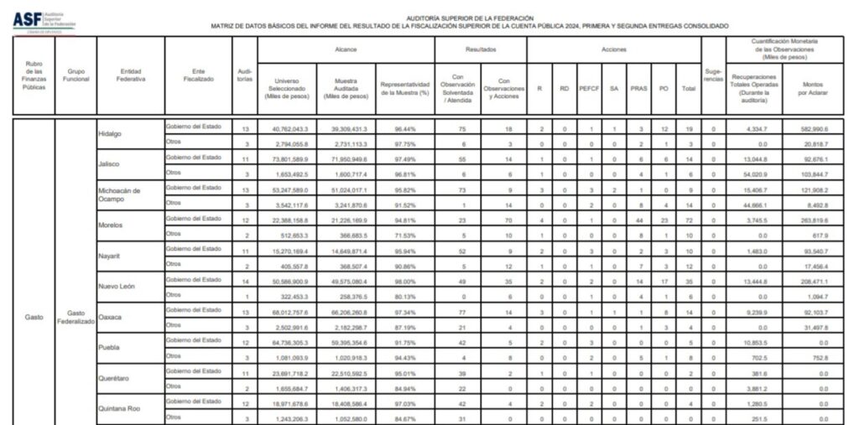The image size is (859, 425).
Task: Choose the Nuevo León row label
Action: [x=117, y=287]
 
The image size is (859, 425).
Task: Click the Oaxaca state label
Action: [x=112, y=317]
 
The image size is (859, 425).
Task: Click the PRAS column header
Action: [x=638, y=87]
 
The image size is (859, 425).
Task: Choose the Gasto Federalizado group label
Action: [x=75, y=318]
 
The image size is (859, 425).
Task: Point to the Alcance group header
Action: [x=346, y=49]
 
